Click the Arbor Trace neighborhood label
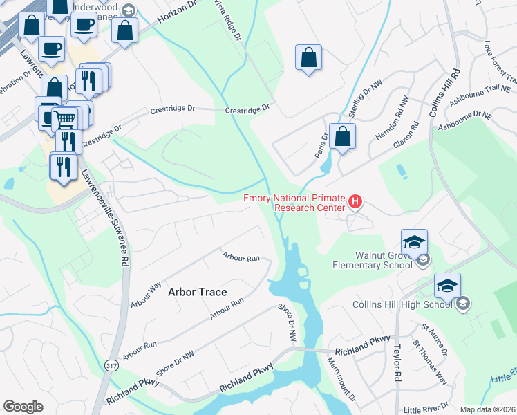point(198,292)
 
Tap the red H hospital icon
point(355,202)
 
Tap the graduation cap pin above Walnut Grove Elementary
point(414,242)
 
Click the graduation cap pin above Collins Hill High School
point(447,285)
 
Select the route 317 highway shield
point(112,365)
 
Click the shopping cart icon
point(65,119)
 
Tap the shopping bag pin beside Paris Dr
point(342,136)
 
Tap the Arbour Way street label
point(146,295)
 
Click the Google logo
point(23,407)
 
